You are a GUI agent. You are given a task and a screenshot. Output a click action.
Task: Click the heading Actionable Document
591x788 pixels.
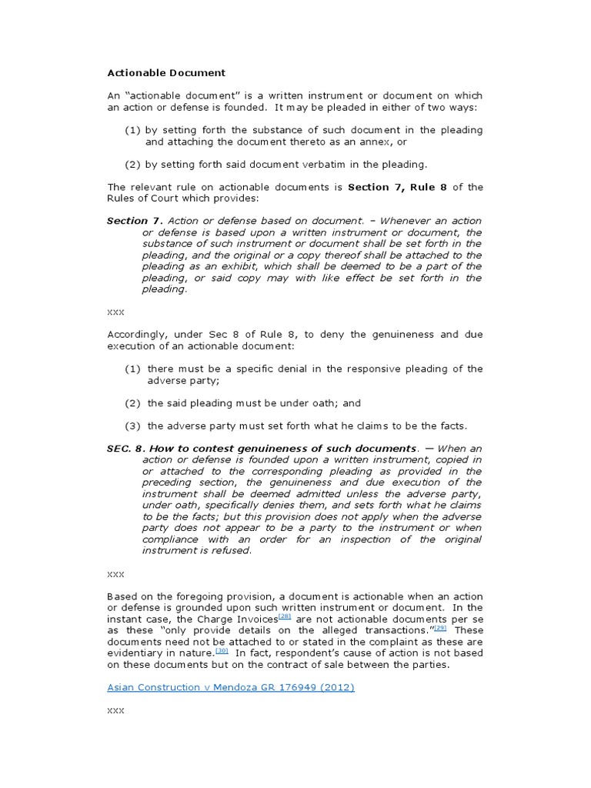click(166, 72)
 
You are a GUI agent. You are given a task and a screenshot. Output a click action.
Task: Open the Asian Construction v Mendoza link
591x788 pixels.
click(230, 688)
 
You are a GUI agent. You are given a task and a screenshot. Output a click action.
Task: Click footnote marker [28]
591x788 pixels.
click(285, 617)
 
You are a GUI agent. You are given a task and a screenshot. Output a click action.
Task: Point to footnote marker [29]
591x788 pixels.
click(440, 627)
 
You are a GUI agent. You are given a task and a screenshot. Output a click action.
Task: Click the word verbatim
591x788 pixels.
click(285, 165)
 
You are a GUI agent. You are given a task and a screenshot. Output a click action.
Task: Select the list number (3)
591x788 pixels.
click(133, 426)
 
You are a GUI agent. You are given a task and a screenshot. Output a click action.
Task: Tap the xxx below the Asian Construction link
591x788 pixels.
click(115, 711)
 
